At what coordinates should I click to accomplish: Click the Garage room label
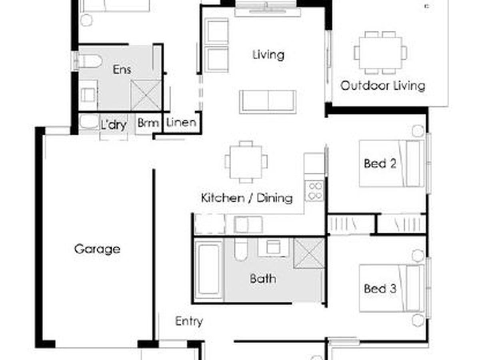(97, 249)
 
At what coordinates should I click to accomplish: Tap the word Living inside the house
(268, 55)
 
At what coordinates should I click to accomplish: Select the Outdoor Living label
(382, 86)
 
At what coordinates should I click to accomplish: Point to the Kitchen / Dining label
(246, 198)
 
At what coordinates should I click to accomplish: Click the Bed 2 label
(380, 164)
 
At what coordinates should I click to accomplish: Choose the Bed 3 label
(380, 288)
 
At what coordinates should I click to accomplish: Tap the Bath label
(263, 279)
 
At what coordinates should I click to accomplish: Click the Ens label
(122, 70)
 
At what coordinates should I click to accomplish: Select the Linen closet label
(181, 122)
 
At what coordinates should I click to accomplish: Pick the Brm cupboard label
(148, 123)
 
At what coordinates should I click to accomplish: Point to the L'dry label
(114, 125)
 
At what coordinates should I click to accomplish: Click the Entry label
(189, 322)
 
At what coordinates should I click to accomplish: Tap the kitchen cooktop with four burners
(314, 191)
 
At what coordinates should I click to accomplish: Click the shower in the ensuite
(146, 95)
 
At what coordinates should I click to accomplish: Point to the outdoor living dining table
(380, 53)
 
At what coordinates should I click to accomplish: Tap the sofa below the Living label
(268, 102)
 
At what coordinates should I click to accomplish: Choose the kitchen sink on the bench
(248, 224)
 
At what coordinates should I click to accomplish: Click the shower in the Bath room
(309, 253)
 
